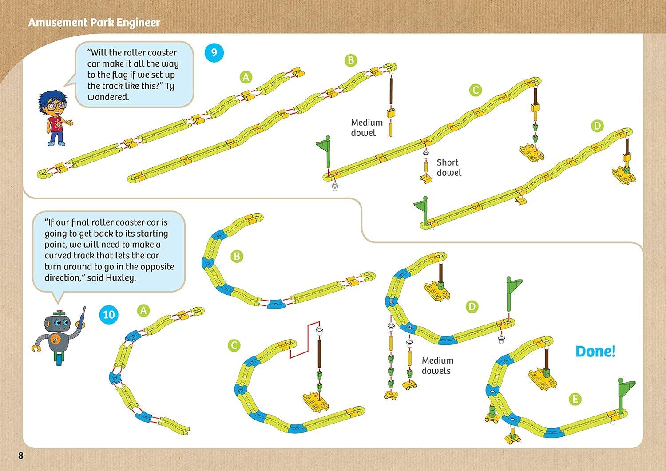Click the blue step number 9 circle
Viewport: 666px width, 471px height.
214,53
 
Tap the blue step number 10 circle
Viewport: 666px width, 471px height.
109,315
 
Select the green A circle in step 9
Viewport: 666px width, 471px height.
246,77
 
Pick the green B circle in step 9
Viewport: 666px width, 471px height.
351,60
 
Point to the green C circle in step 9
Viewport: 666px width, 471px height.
475,90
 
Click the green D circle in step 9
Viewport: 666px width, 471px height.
597,126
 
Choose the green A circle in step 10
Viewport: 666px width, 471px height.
143,310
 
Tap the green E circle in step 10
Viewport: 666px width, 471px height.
575,399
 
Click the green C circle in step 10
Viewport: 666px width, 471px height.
234,345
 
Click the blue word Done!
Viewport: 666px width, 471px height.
595,352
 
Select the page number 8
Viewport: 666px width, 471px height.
20,455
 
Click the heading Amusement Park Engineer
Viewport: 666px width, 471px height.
94,22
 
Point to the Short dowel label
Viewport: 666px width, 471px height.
448,168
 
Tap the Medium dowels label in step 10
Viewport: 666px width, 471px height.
437,366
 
